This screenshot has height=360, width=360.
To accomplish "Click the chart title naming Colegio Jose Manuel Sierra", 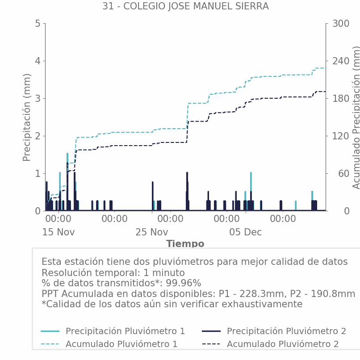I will pos(185,6).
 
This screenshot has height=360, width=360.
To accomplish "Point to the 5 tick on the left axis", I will pos(38,24).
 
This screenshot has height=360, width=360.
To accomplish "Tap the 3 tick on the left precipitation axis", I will pos(38,99).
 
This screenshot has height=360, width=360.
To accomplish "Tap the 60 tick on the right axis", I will pos(338,174).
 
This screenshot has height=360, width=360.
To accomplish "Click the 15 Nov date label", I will pos(59,233).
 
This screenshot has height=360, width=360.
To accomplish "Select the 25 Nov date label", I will pos(152,233).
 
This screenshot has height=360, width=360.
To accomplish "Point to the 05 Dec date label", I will pos(245,233).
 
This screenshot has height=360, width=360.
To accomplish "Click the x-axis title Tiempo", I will pos(185,244).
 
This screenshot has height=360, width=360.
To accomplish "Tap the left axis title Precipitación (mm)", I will pos(27,117).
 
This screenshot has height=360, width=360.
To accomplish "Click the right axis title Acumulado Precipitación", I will pos(356,117).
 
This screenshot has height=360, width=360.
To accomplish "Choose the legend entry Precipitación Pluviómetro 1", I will pos(125,331).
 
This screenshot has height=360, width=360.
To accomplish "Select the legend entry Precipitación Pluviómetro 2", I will pos(286,331).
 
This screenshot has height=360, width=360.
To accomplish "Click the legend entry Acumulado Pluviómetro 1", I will pos(121,344).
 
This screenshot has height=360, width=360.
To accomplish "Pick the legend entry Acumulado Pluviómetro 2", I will pos(283,344).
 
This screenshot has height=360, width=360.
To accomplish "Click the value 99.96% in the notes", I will pos(184,284).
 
